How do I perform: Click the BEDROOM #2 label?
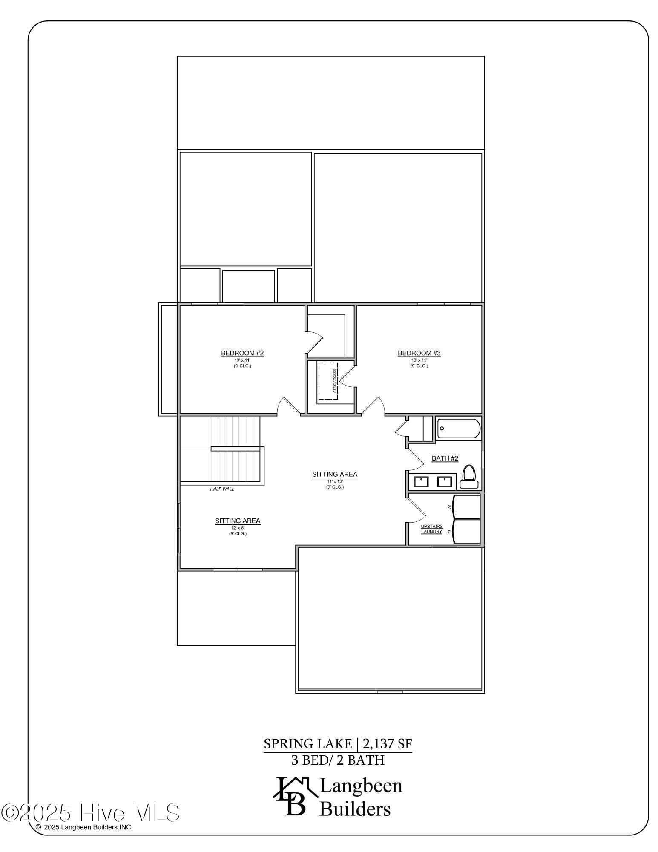pos(242,353)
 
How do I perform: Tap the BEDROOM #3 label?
pos(419,353)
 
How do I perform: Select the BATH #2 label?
pos(445,458)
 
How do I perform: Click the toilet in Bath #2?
pos(468,477)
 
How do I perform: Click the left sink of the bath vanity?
pos(421,482)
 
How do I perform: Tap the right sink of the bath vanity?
pos(444,482)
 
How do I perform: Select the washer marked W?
pos(466,507)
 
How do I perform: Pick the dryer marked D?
pos(466,531)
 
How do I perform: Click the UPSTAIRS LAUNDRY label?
pos(432,529)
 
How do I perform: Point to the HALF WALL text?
pos(222,489)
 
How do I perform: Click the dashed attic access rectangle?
pos(328,381)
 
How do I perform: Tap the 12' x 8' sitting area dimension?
pos(238,527)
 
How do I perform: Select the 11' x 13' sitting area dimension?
pos(335,481)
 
